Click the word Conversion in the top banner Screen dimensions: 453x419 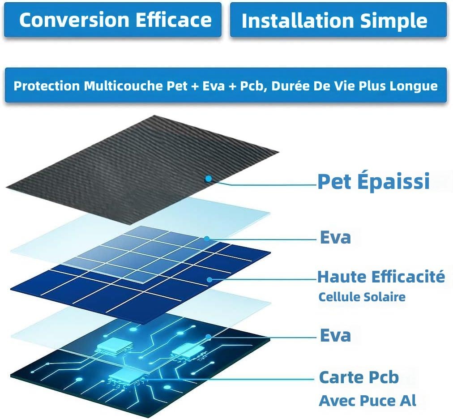point(74,20)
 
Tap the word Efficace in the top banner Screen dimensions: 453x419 point(174,20)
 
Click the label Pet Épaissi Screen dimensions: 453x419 point(374,181)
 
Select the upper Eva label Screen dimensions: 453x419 point(335,237)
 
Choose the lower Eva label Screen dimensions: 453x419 point(335,335)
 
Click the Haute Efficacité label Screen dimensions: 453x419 point(381,277)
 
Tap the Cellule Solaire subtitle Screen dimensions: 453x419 point(362,297)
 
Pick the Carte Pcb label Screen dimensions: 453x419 point(359,377)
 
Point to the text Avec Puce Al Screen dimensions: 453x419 point(368,401)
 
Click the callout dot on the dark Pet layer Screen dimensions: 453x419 point(208,179)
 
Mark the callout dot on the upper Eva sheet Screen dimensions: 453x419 point(206,239)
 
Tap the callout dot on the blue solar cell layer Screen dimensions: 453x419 point(210,279)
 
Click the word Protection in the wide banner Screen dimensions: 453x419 point(47,86)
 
